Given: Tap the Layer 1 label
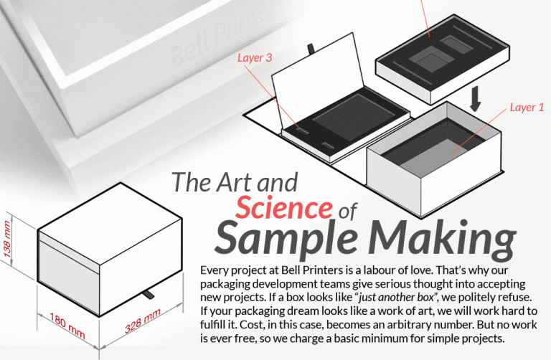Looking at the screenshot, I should (x=527, y=108).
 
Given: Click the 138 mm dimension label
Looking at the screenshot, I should (x=7, y=242).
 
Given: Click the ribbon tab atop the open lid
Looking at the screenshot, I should (x=311, y=49).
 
